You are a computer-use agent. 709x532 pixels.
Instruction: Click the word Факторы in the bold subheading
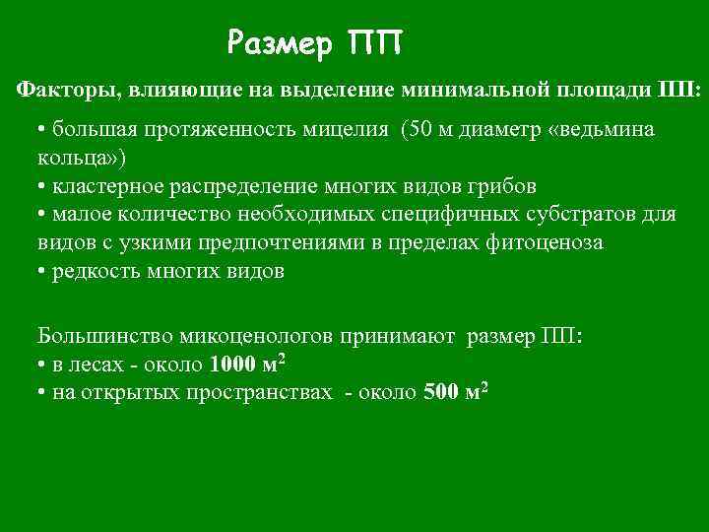click(62, 90)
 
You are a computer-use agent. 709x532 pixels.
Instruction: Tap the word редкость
click(91, 271)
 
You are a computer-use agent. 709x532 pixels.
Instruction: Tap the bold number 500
click(439, 392)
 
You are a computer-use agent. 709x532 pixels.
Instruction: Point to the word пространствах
click(260, 392)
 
